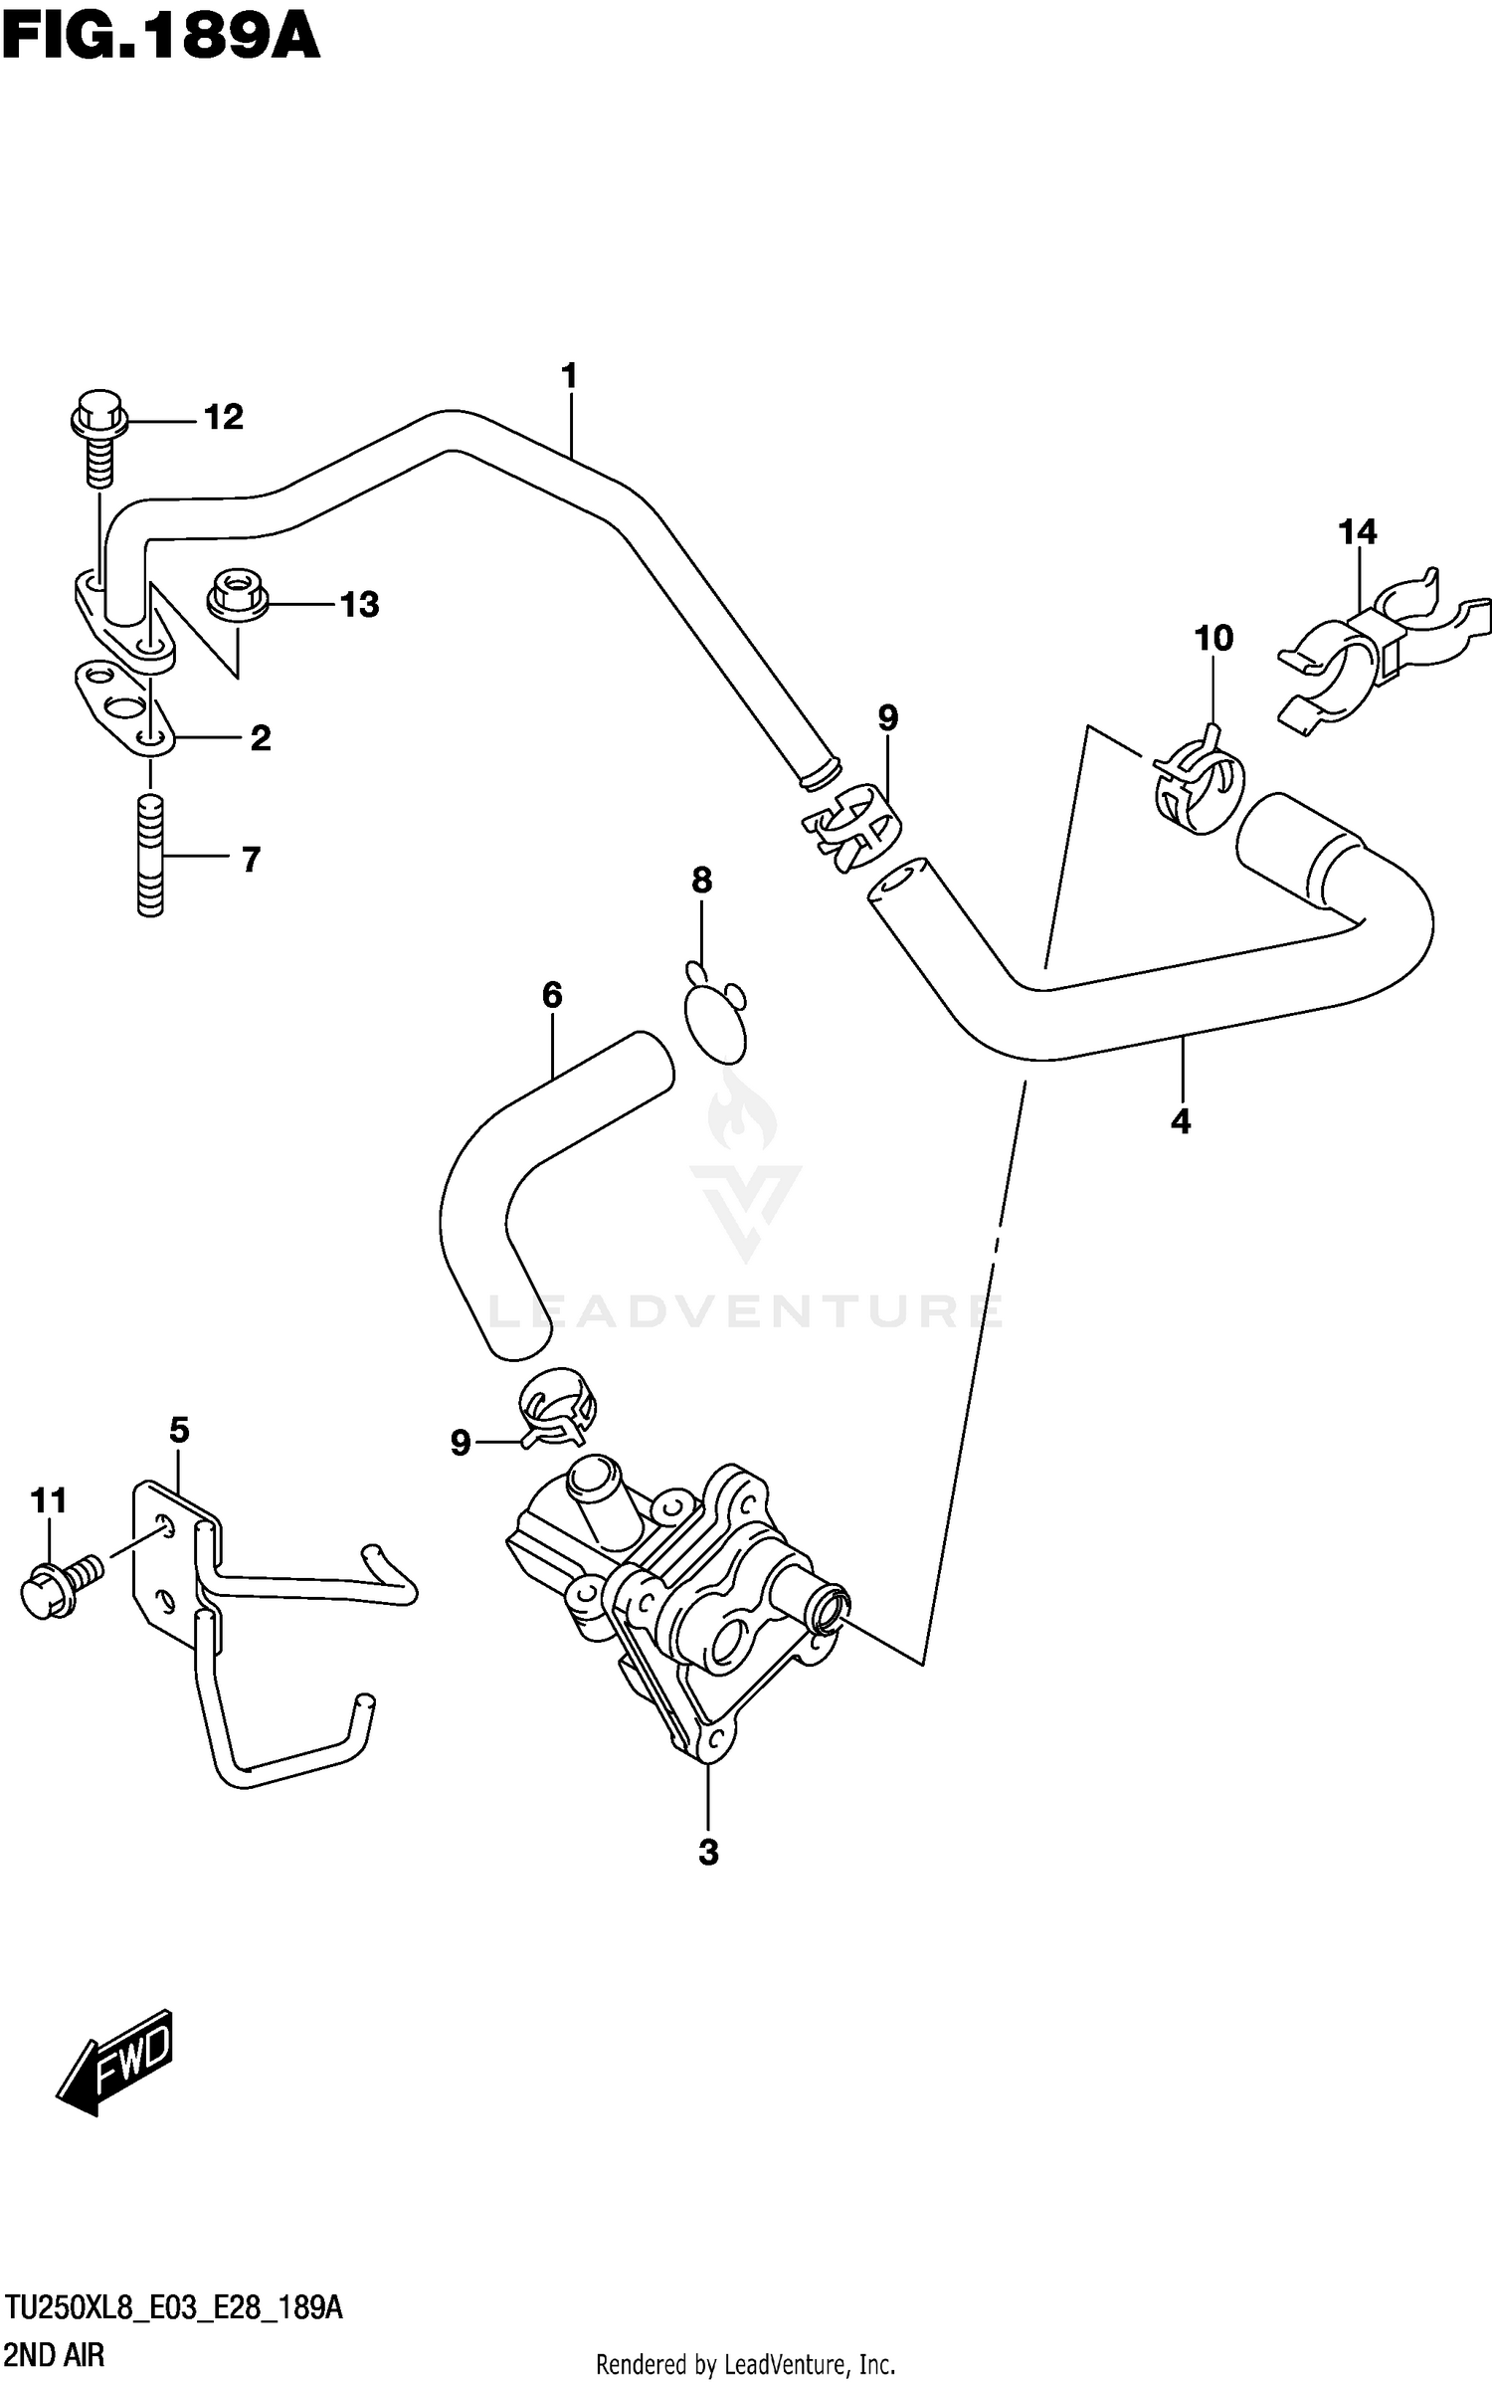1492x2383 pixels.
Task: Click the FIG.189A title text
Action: [x=161, y=41]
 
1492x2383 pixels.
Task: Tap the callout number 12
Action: [x=223, y=418]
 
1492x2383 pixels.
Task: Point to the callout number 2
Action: [x=260, y=738]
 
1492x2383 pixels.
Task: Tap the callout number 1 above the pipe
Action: [x=569, y=377]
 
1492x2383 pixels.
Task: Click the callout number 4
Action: [x=1181, y=1122]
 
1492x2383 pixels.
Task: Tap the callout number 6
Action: [x=552, y=994]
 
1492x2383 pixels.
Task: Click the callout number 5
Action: [x=179, y=1431]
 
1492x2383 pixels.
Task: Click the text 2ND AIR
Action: [x=55, y=2355]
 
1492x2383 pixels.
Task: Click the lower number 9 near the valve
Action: [x=460, y=1443]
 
